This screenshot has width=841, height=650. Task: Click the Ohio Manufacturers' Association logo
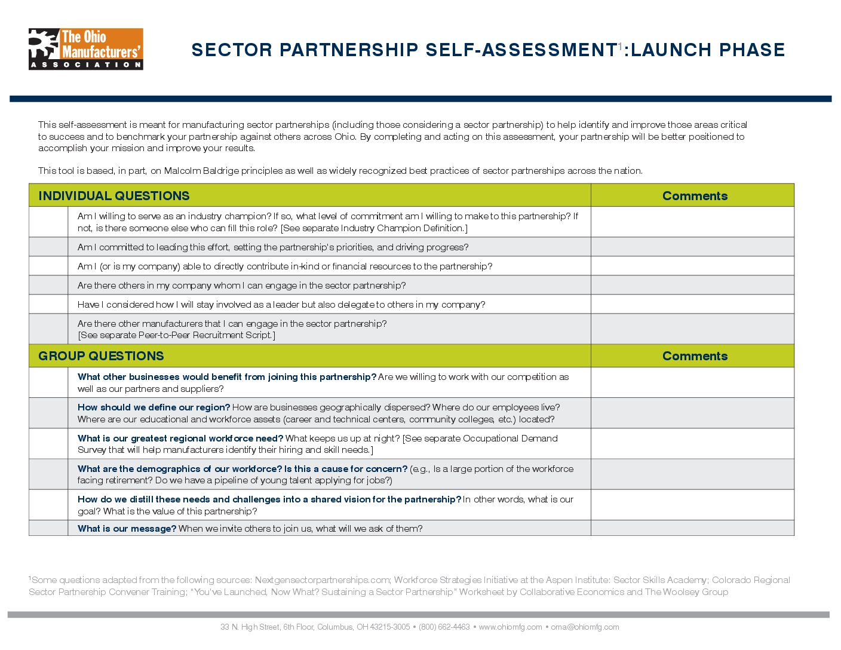click(85, 49)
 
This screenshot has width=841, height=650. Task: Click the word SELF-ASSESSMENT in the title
click(521, 50)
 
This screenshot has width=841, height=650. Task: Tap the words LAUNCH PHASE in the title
click(708, 50)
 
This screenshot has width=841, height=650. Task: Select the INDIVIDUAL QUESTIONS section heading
click(113, 196)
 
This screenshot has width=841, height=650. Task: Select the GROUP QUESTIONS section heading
click(101, 356)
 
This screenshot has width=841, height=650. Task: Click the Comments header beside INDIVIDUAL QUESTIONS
click(695, 196)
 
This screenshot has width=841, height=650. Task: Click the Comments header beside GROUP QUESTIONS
click(695, 356)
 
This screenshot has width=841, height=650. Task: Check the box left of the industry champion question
click(48, 222)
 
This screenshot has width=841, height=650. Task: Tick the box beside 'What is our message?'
click(48, 528)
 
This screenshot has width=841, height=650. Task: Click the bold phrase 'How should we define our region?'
click(154, 407)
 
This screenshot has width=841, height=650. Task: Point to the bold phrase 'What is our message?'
click(127, 529)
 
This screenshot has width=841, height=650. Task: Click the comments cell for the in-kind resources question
click(692, 266)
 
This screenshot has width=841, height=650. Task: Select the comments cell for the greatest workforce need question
click(692, 443)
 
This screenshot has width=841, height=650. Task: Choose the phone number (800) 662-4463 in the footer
click(444, 627)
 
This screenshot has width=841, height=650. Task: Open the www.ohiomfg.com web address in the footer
click(510, 627)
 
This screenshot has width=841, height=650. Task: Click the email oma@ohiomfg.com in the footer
click(585, 627)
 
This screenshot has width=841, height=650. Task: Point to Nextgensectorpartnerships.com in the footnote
click(323, 580)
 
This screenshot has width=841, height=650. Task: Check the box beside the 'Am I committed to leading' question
click(48, 247)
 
